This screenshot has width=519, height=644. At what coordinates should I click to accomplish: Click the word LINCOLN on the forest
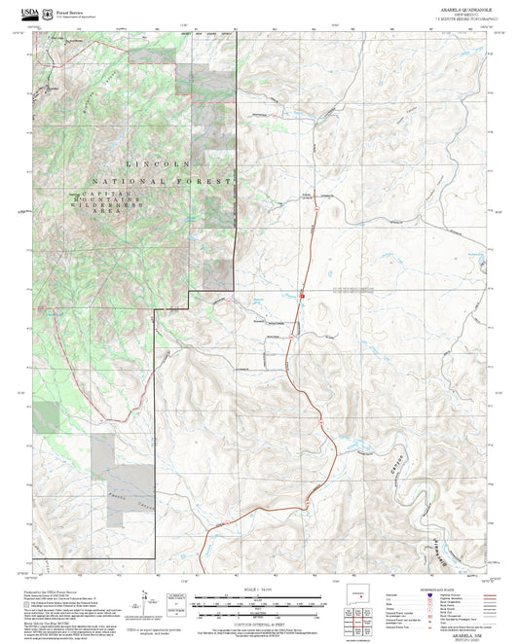pyautogui.click(x=157, y=164)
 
